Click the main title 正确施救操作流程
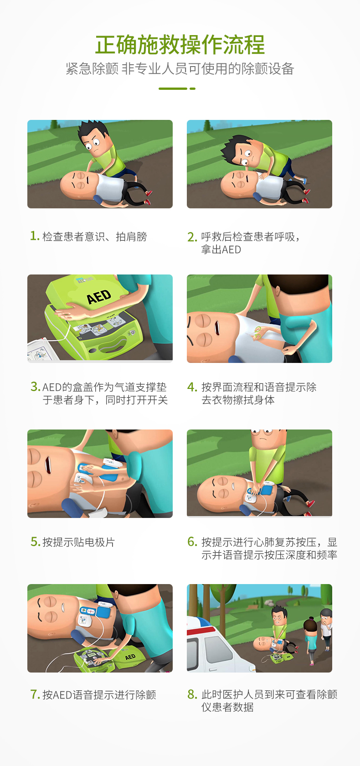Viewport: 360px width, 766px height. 180,45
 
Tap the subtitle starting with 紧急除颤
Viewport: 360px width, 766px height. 180,69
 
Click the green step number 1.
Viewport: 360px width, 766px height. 34,236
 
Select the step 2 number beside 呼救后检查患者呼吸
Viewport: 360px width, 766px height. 192,237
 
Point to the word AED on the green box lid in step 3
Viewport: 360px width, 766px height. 99,297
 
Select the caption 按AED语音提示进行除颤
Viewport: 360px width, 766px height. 99,695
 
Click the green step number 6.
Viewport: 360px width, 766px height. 192,542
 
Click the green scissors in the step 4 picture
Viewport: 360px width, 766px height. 258,332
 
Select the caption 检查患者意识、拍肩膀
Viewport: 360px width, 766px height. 94,237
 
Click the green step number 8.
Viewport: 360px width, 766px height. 192,694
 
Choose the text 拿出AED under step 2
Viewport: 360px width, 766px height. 221,250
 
